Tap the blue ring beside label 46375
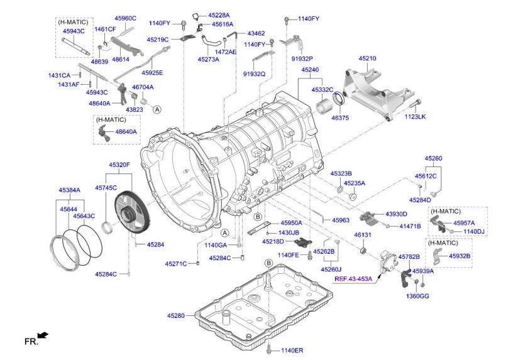340,99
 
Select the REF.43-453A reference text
353,278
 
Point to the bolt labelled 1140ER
269,349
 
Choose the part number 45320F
119,165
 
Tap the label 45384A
69,189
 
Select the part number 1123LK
415,117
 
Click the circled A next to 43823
157,109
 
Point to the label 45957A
464,223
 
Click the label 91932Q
253,74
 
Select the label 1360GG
416,296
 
